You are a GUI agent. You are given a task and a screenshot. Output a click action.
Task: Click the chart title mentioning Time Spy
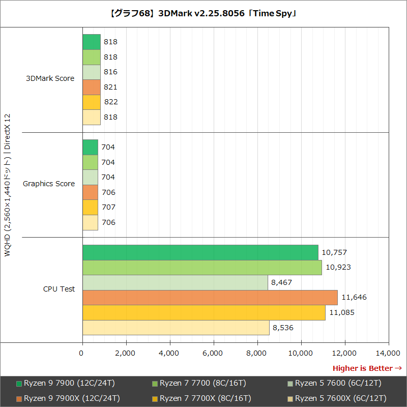tap(203, 13)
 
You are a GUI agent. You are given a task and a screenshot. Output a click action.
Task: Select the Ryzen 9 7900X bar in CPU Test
tap(210, 297)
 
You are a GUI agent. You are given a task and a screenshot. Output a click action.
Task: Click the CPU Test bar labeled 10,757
tap(200, 252)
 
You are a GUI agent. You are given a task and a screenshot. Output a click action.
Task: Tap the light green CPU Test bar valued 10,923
tap(202, 267)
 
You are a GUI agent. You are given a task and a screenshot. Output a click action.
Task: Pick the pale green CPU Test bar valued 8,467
tap(175, 282)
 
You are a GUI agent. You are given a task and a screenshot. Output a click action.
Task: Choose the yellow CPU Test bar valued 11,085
tap(203, 312)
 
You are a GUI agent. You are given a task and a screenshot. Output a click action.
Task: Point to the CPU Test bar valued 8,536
tap(176, 327)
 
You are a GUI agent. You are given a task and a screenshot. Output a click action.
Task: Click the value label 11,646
tap(354, 297)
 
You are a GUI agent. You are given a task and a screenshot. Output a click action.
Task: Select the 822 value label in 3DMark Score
tap(111, 102)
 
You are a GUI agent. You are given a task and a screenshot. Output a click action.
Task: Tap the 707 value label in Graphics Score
tap(108, 207)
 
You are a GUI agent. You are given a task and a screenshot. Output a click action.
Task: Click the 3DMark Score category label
tap(50, 78)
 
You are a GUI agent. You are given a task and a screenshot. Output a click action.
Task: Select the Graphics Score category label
tap(49, 184)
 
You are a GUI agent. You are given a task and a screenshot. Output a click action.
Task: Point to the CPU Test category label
tap(59, 289)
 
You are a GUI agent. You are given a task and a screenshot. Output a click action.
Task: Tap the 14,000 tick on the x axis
tap(389, 353)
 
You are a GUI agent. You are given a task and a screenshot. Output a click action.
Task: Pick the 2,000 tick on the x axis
tap(126, 353)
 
